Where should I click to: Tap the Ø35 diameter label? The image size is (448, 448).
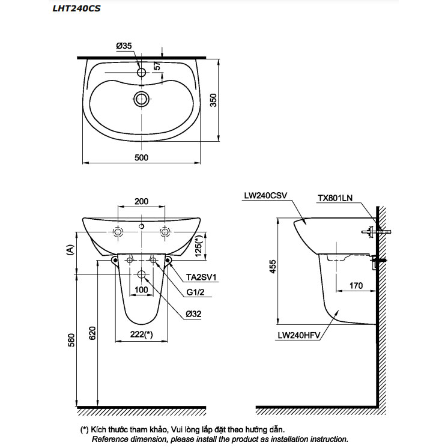click(x=125, y=46)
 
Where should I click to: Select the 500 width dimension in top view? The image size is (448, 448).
click(x=141, y=157)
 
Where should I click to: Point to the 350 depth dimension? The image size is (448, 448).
click(x=213, y=100)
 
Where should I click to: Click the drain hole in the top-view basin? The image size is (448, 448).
click(x=142, y=98)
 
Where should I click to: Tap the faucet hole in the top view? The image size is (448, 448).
click(x=142, y=72)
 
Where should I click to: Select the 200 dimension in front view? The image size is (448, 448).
click(x=141, y=202)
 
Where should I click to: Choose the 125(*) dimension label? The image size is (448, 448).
click(x=198, y=246)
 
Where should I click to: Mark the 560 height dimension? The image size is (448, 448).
click(x=71, y=341)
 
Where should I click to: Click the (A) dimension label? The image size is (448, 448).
click(x=70, y=248)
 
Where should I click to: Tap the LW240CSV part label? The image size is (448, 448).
click(x=266, y=195)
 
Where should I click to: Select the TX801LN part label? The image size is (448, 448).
click(x=336, y=197)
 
